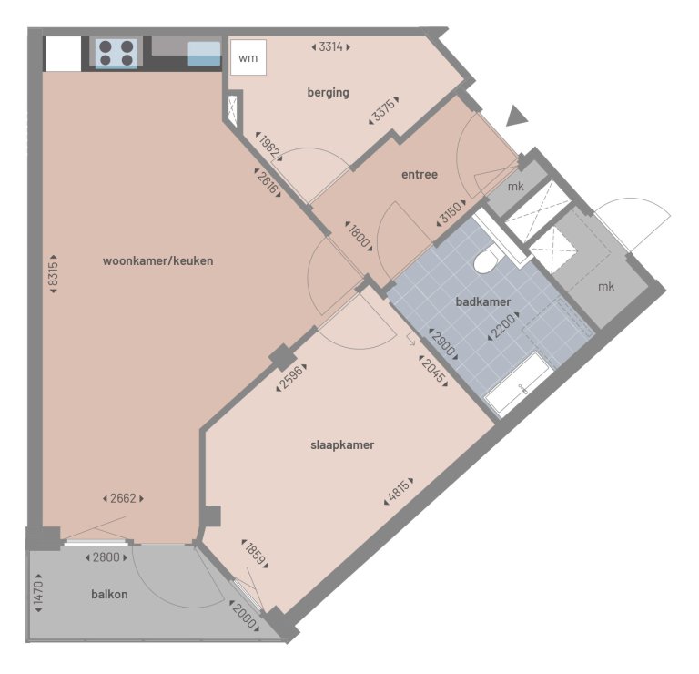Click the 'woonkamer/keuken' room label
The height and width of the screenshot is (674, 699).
tap(158, 261)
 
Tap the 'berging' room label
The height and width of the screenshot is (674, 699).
tap(329, 92)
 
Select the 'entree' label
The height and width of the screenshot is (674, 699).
tap(420, 174)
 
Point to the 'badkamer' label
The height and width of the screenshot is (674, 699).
tap(483, 301)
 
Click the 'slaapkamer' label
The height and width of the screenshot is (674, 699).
tap(342, 445)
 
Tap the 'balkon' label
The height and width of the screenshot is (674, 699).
tap(109, 595)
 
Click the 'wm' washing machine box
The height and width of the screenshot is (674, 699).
tap(248, 59)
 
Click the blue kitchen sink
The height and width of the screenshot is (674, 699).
tap(204, 54)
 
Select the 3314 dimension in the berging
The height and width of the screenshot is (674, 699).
tap(330, 46)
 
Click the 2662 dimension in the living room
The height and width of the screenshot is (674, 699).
tap(122, 498)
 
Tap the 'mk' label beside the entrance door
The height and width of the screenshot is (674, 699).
tap(515, 188)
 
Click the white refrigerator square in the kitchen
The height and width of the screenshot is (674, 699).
tap(63, 54)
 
